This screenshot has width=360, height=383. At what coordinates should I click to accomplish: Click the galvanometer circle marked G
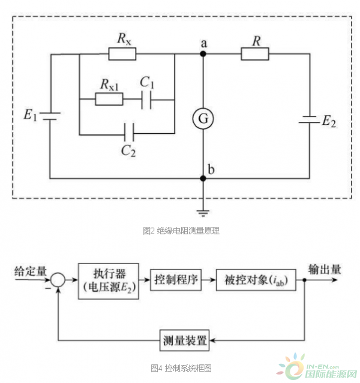(203, 119)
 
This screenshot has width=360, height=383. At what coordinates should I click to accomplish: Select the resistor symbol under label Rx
(122, 55)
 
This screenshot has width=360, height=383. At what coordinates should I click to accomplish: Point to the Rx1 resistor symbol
(109, 98)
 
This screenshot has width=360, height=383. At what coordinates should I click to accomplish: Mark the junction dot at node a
(203, 55)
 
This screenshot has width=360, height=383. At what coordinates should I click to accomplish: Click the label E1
(31, 114)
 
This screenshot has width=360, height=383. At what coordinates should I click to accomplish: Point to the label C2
(128, 150)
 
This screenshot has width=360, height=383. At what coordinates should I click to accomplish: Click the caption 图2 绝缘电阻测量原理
(181, 231)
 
